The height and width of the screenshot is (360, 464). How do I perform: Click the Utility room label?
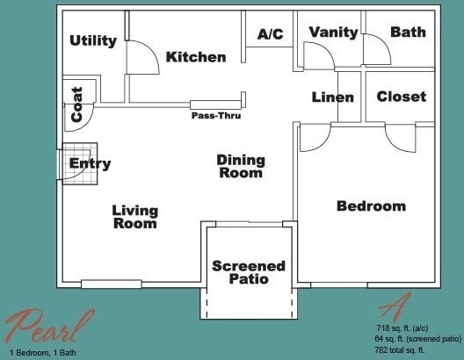pyautogui.click(x=93, y=40)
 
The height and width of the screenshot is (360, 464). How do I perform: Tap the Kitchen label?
pyautogui.click(x=196, y=57)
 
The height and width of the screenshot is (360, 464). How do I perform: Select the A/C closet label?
pyautogui.click(x=270, y=34)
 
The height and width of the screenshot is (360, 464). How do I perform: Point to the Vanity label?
pyautogui.click(x=333, y=32)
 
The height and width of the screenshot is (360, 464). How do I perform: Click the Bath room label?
pyautogui.click(x=408, y=32)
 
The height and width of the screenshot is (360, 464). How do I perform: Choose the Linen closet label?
pyautogui.click(x=333, y=97)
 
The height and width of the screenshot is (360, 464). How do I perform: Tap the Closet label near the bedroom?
pyautogui.click(x=401, y=97)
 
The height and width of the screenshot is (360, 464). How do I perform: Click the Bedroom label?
pyautogui.click(x=371, y=206)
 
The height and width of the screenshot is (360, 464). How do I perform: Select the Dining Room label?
pyautogui.click(x=240, y=166)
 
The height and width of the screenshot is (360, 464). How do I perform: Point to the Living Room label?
pyautogui.click(x=134, y=217)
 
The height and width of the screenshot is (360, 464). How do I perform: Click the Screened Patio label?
pyautogui.click(x=249, y=272)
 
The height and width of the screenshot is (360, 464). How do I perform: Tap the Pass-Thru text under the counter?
pyautogui.click(x=216, y=115)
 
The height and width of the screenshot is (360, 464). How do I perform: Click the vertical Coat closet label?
pyautogui.click(x=77, y=104)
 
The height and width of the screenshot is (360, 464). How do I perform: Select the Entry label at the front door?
pyautogui.click(x=90, y=163)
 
